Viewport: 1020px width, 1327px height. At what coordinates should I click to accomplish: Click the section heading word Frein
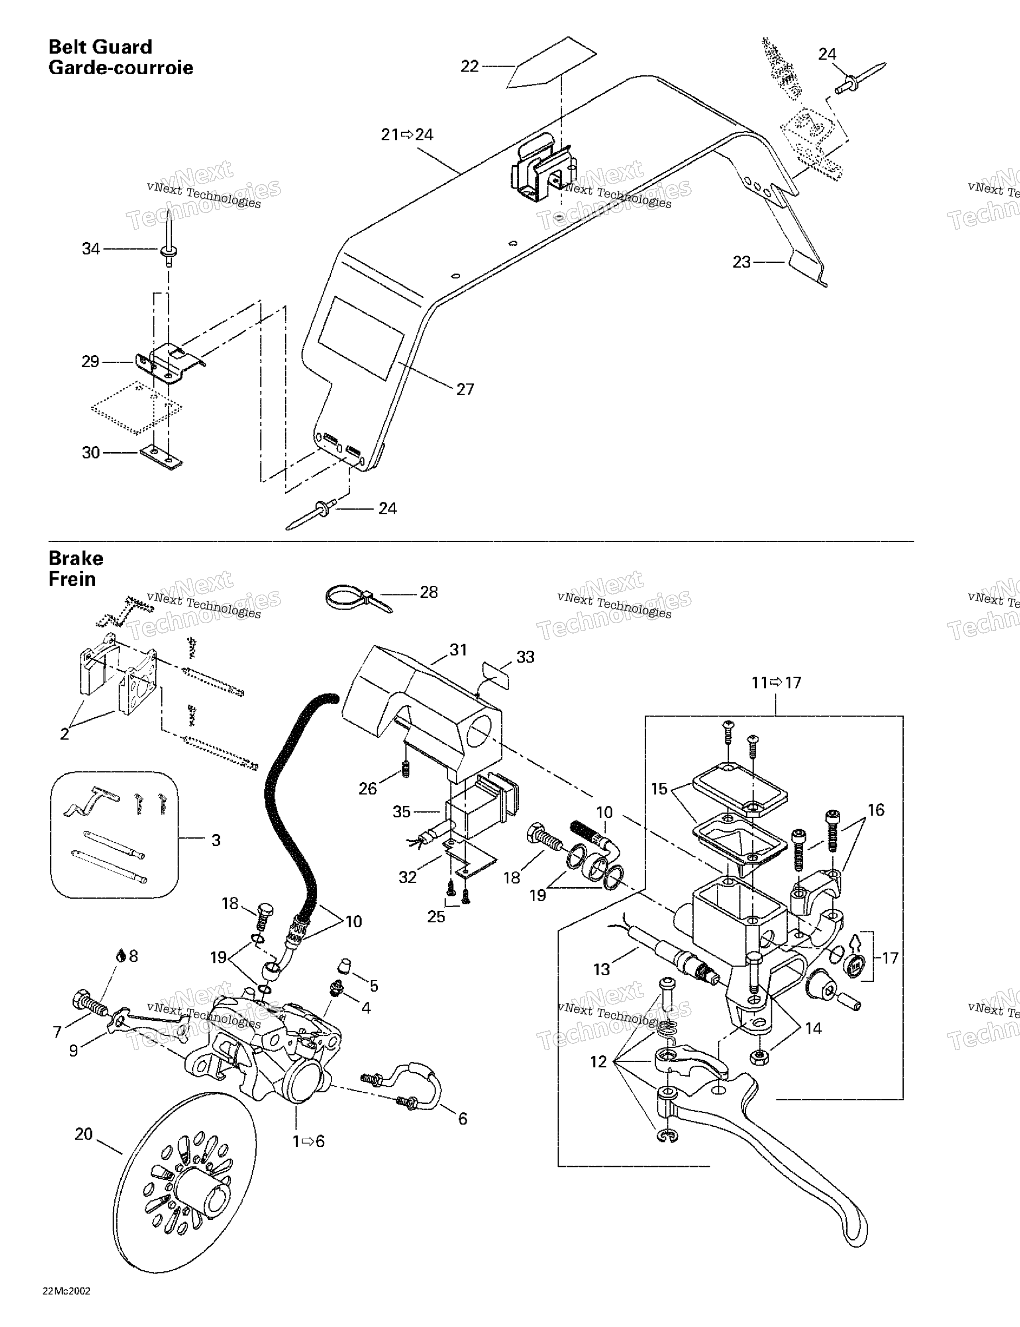coord(72,579)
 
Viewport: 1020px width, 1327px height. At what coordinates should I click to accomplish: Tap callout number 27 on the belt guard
coord(465,390)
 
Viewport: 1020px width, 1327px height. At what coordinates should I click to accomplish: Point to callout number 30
coord(91,453)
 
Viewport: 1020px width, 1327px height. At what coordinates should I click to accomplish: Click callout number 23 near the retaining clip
coord(742,262)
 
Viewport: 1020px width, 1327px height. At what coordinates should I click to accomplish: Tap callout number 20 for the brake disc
coord(84,1134)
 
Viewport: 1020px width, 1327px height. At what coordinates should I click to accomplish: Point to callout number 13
coord(602,969)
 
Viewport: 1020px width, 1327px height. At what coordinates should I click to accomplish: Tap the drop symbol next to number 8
coord(121,956)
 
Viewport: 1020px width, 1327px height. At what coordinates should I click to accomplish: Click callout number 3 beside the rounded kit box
coord(216,840)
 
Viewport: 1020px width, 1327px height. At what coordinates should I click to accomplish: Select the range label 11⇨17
coord(777,683)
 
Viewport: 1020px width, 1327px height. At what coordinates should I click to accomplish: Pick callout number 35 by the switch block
coord(402,812)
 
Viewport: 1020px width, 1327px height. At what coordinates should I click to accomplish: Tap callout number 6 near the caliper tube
coord(463,1118)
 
